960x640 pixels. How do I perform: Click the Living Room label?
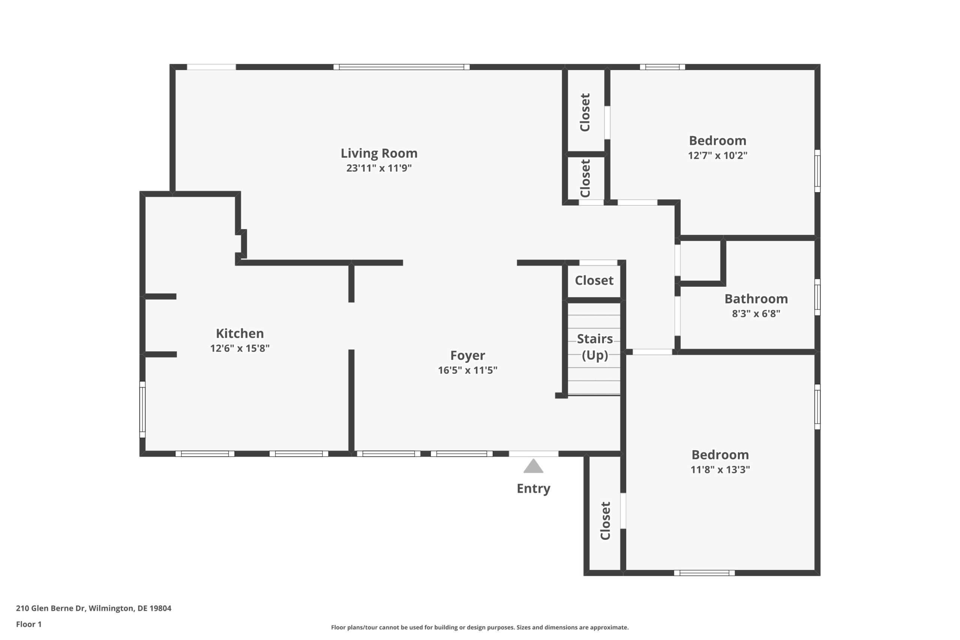click(379, 153)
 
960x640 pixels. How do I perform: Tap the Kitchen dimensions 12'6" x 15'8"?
click(240, 348)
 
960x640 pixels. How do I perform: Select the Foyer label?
click(467, 355)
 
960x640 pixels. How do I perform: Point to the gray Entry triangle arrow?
click(534, 466)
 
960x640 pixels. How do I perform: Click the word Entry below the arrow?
click(534, 489)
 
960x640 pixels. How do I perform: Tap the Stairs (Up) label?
click(595, 347)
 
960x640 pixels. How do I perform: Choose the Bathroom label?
click(756, 299)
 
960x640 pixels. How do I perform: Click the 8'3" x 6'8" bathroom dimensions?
click(756, 313)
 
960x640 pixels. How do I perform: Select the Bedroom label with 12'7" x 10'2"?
click(717, 140)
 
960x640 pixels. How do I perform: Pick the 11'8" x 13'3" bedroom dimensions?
click(720, 469)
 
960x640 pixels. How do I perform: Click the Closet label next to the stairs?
click(594, 280)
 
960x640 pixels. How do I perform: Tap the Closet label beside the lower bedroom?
click(605, 521)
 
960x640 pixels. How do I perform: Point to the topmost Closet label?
click(585, 112)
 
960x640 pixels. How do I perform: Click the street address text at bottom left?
click(93, 608)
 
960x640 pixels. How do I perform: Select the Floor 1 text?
click(28, 624)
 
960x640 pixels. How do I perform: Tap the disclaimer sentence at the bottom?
click(480, 627)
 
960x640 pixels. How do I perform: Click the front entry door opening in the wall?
click(534, 453)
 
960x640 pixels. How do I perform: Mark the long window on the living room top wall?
click(401, 67)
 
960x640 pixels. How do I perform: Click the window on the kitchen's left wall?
click(142, 409)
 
